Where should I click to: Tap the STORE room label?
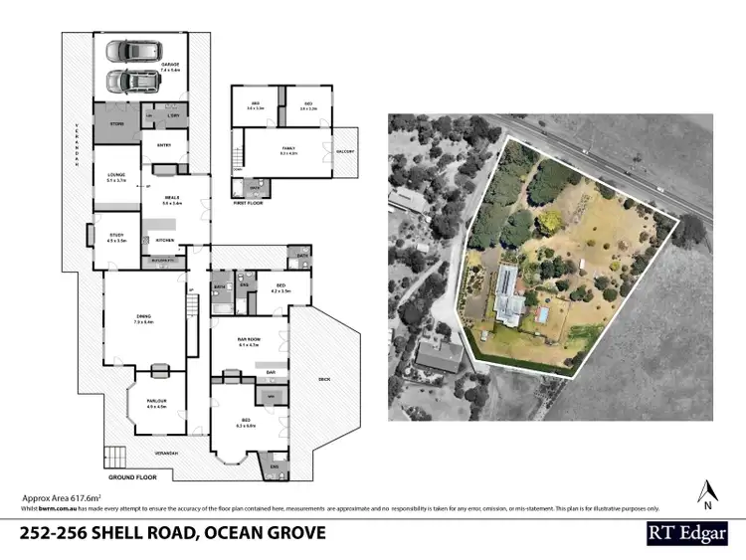(116, 123)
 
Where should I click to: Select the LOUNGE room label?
(116, 177)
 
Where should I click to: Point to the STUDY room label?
(116, 237)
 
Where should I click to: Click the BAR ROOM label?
(248, 341)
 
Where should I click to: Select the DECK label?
(323, 379)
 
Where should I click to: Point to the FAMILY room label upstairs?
(288, 151)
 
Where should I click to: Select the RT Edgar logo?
(686, 532)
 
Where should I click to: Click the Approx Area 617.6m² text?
(63, 496)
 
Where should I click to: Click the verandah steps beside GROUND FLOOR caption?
(116, 458)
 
